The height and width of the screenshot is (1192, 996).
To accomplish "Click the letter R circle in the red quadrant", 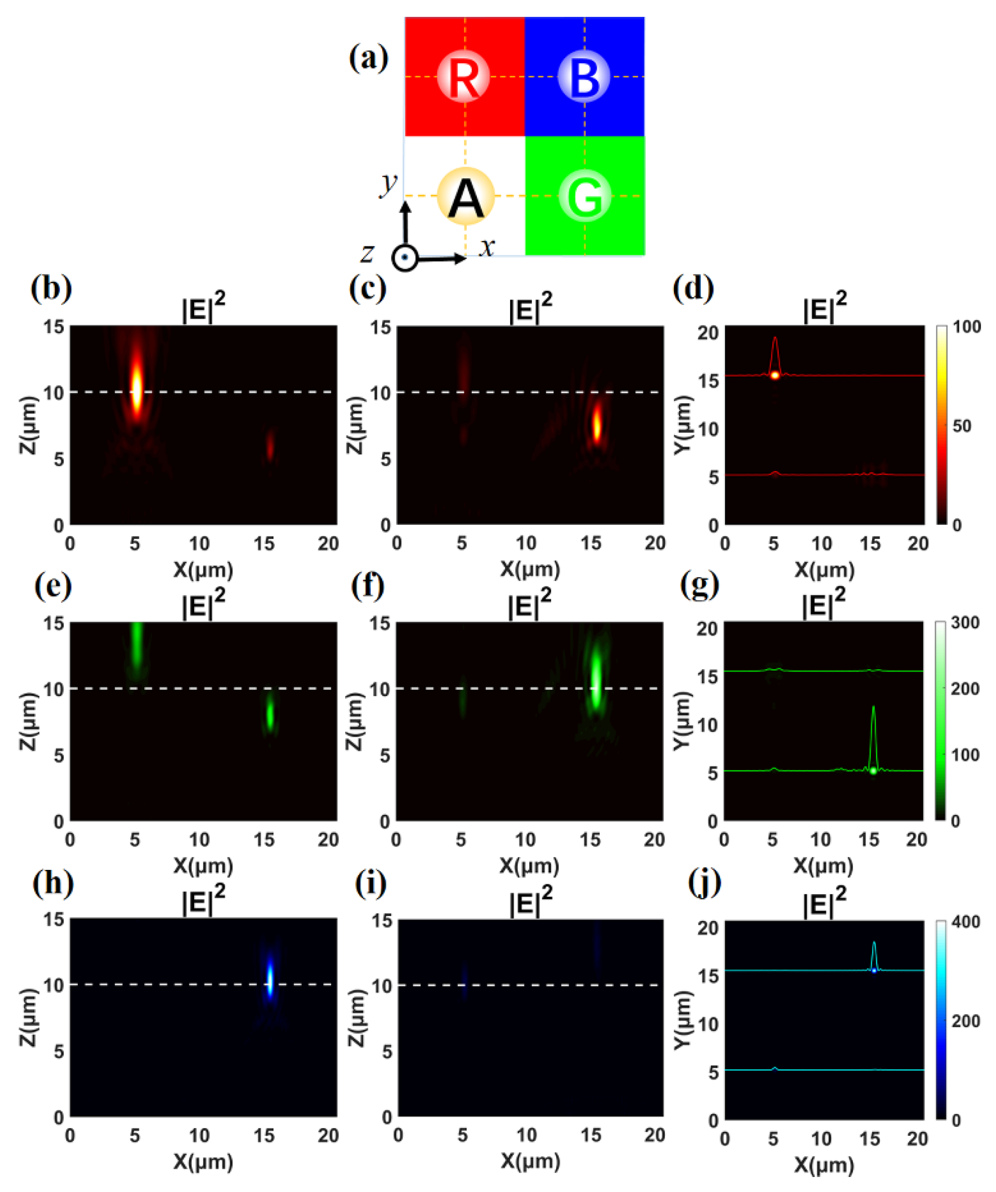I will point(464,76).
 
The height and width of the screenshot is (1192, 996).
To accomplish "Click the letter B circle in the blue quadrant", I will point(584,76).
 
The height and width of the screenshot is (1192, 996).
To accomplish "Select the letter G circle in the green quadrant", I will point(585,196).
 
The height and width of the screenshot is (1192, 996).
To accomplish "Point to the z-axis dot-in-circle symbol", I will point(405,258).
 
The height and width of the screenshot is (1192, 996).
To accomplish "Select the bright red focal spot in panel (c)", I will point(597,424).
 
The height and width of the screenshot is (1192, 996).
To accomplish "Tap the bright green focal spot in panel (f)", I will point(596,681).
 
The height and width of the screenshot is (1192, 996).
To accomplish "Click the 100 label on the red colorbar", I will point(967,327).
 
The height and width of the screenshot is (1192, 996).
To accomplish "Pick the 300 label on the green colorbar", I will point(966,623).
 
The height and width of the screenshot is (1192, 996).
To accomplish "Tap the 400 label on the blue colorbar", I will point(966,921).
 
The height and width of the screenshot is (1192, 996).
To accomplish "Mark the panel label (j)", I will point(704,883).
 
